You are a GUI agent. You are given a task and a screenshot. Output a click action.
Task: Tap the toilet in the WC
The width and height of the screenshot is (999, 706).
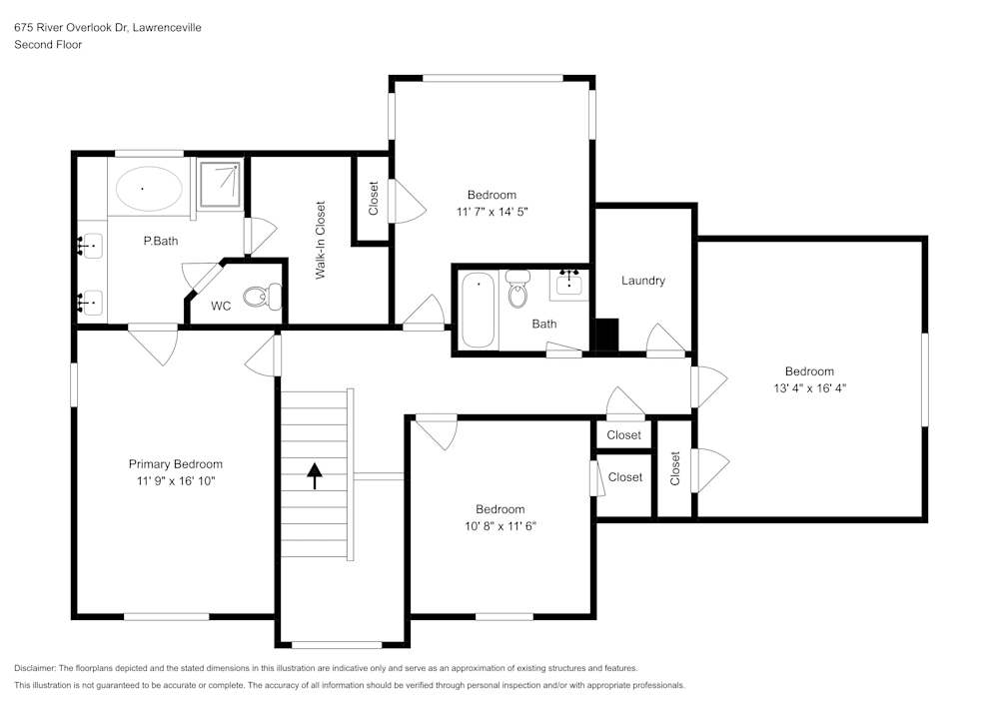click(x=267, y=295)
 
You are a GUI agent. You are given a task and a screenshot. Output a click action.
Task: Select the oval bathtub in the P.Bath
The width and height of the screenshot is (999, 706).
click(x=150, y=188)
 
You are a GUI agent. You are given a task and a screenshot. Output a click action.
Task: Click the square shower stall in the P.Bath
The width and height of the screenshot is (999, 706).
click(x=220, y=183)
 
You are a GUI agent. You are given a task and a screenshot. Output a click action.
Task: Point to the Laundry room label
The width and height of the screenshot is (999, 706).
click(x=642, y=281)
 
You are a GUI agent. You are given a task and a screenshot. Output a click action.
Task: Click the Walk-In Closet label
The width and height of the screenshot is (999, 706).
click(x=321, y=240)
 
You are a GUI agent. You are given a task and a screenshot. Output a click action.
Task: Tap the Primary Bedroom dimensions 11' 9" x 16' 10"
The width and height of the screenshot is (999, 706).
click(x=175, y=481)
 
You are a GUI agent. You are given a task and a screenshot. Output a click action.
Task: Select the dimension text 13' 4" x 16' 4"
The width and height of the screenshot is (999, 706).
click(x=808, y=388)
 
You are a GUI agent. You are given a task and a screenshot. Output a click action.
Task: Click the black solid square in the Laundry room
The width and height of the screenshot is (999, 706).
click(x=606, y=335)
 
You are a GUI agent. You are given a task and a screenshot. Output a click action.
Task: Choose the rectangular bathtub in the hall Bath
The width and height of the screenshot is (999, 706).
click(x=480, y=310)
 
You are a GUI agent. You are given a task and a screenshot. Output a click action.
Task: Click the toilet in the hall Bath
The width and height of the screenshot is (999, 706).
click(x=517, y=290)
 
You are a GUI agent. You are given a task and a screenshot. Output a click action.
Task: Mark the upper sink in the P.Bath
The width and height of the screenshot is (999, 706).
click(x=90, y=244)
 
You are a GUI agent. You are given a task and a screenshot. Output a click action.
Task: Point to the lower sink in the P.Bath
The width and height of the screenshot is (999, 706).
click(x=90, y=300)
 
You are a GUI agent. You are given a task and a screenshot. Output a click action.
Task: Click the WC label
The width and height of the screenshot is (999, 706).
click(x=221, y=306)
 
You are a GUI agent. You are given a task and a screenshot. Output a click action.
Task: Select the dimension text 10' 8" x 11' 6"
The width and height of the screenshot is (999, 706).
click(x=499, y=525)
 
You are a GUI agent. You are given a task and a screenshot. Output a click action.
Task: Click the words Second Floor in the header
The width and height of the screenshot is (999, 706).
click(x=48, y=45)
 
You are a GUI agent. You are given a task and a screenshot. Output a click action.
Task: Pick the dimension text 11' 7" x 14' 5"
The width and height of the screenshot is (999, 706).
click(x=492, y=212)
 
